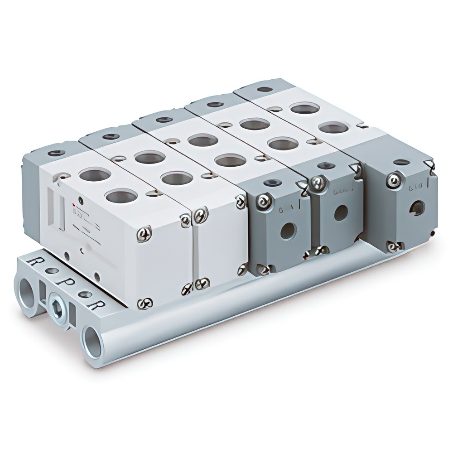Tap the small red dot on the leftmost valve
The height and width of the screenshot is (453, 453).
(81, 200)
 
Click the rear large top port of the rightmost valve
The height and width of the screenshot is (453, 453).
(304, 108)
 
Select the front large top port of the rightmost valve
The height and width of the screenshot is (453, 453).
(333, 128)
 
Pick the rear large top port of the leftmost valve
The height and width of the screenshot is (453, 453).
(95, 174)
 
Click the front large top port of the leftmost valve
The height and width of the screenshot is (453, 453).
(121, 196)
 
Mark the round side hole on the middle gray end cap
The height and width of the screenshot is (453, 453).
(341, 212)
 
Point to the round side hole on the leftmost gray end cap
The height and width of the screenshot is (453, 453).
(287, 231)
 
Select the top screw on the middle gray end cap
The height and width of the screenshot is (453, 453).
(319, 183)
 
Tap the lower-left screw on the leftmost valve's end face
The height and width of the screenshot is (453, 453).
(145, 303)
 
